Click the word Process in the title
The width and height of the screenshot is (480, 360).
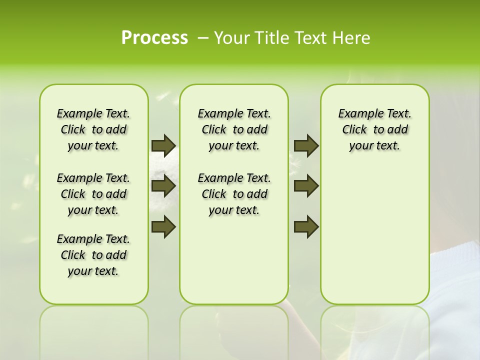point(154,38)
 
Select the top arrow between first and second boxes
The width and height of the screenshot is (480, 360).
point(163,145)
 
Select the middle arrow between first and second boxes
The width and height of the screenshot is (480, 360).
point(163,186)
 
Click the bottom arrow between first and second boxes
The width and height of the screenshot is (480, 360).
point(163,226)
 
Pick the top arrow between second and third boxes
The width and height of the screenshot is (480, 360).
point(306,145)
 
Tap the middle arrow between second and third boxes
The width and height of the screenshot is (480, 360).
point(306,186)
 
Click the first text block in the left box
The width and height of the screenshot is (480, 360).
point(93,129)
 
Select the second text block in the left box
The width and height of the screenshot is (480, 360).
point(93,194)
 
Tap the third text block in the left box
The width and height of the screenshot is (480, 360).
point(93,255)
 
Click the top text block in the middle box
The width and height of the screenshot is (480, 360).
point(234,129)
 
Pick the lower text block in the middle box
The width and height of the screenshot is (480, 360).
point(234,194)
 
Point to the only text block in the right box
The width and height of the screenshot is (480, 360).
point(374,129)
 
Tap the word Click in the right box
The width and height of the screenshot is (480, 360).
point(354,130)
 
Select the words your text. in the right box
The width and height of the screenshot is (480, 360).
point(374,146)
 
